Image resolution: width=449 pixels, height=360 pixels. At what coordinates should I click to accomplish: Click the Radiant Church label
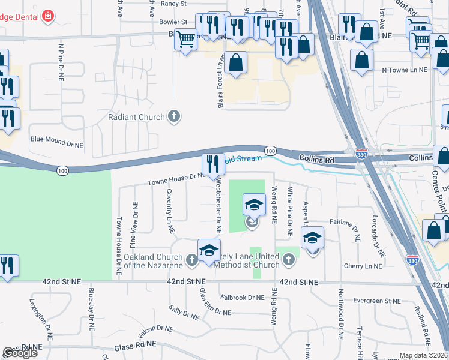(136, 117)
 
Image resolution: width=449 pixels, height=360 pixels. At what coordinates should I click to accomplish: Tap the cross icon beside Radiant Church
(175, 116)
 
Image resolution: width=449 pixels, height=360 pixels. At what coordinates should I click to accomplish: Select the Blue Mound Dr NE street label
(56, 145)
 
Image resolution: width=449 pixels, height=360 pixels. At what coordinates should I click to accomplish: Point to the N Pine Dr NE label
(61, 64)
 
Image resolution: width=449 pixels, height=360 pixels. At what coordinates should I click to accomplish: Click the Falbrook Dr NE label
(242, 297)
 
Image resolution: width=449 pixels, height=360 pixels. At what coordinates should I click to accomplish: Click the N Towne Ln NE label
(404, 70)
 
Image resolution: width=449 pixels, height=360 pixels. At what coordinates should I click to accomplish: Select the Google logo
(20, 353)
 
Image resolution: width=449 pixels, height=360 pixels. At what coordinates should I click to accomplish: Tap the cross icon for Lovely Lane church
(289, 259)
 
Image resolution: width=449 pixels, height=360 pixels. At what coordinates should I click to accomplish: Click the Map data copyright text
(424, 355)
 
